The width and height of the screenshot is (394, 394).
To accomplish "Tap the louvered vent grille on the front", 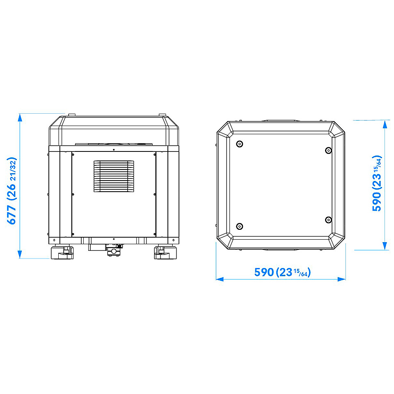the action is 114,176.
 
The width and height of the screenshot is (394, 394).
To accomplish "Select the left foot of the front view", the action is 62,252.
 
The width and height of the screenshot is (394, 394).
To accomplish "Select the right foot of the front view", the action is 165,252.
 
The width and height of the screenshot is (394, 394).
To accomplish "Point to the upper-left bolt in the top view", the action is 240,144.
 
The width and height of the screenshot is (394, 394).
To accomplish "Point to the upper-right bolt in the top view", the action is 328,150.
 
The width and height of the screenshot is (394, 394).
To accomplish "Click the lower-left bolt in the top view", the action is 240,226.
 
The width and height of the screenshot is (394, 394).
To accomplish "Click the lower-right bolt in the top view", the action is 328,220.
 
